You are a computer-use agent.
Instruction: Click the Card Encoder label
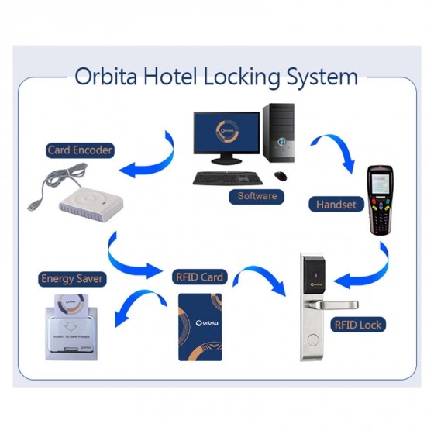tap(81, 150)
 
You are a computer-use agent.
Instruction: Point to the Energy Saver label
tap(72, 277)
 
